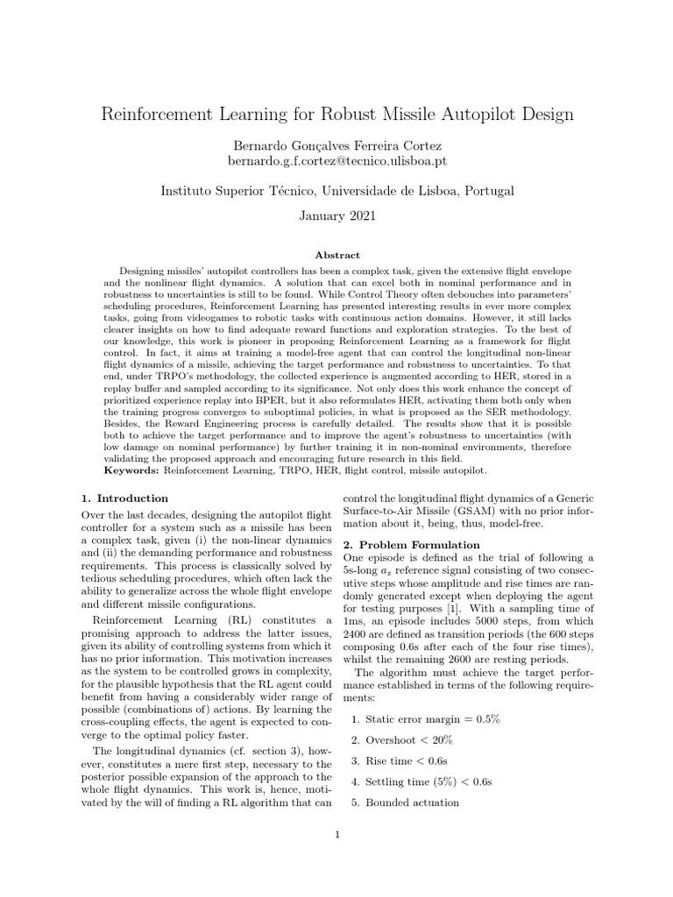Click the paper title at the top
pos(337,114)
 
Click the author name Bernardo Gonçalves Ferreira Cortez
pos(337,145)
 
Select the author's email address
pos(337,161)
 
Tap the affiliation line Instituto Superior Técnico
pos(337,190)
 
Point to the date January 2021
pos(337,215)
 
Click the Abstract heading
pos(337,255)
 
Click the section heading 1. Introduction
pos(124,498)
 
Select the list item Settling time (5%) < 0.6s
pos(428,781)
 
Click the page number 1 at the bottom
pos(336,834)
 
